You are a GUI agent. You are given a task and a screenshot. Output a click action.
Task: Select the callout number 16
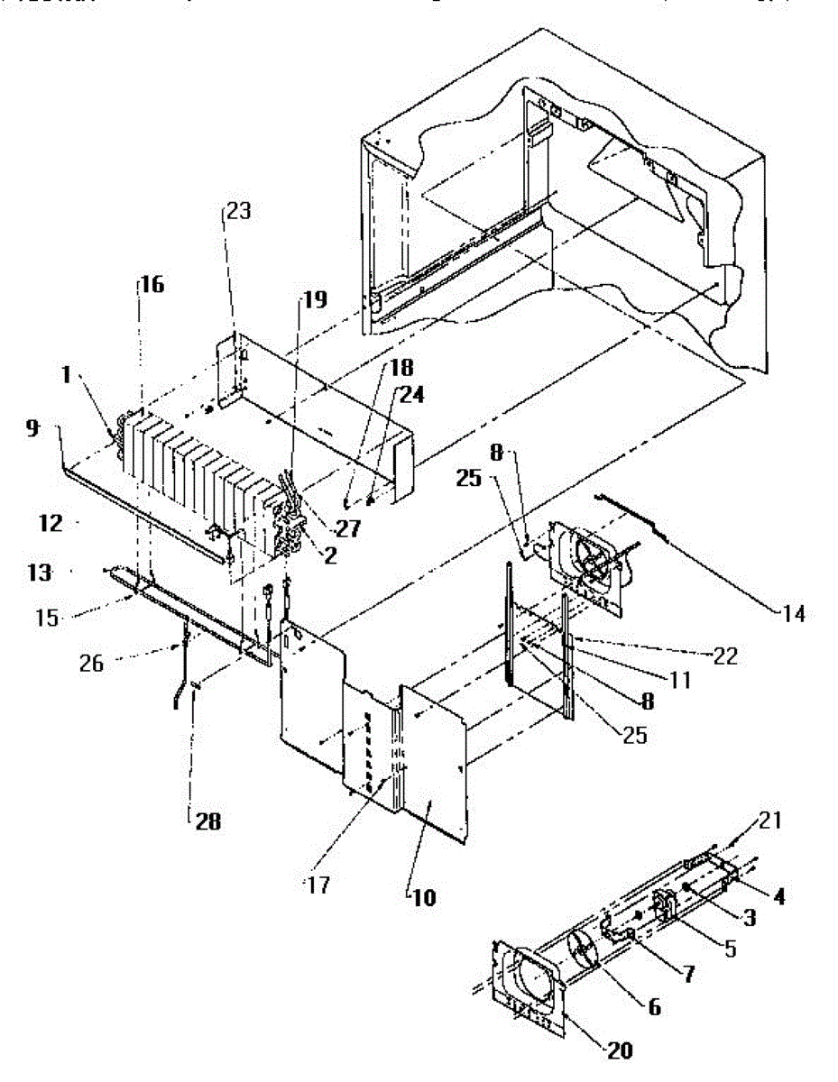(x=152, y=284)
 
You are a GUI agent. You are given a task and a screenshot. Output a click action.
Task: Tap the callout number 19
(x=315, y=299)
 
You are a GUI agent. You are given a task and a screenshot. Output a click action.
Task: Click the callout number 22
(x=724, y=657)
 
